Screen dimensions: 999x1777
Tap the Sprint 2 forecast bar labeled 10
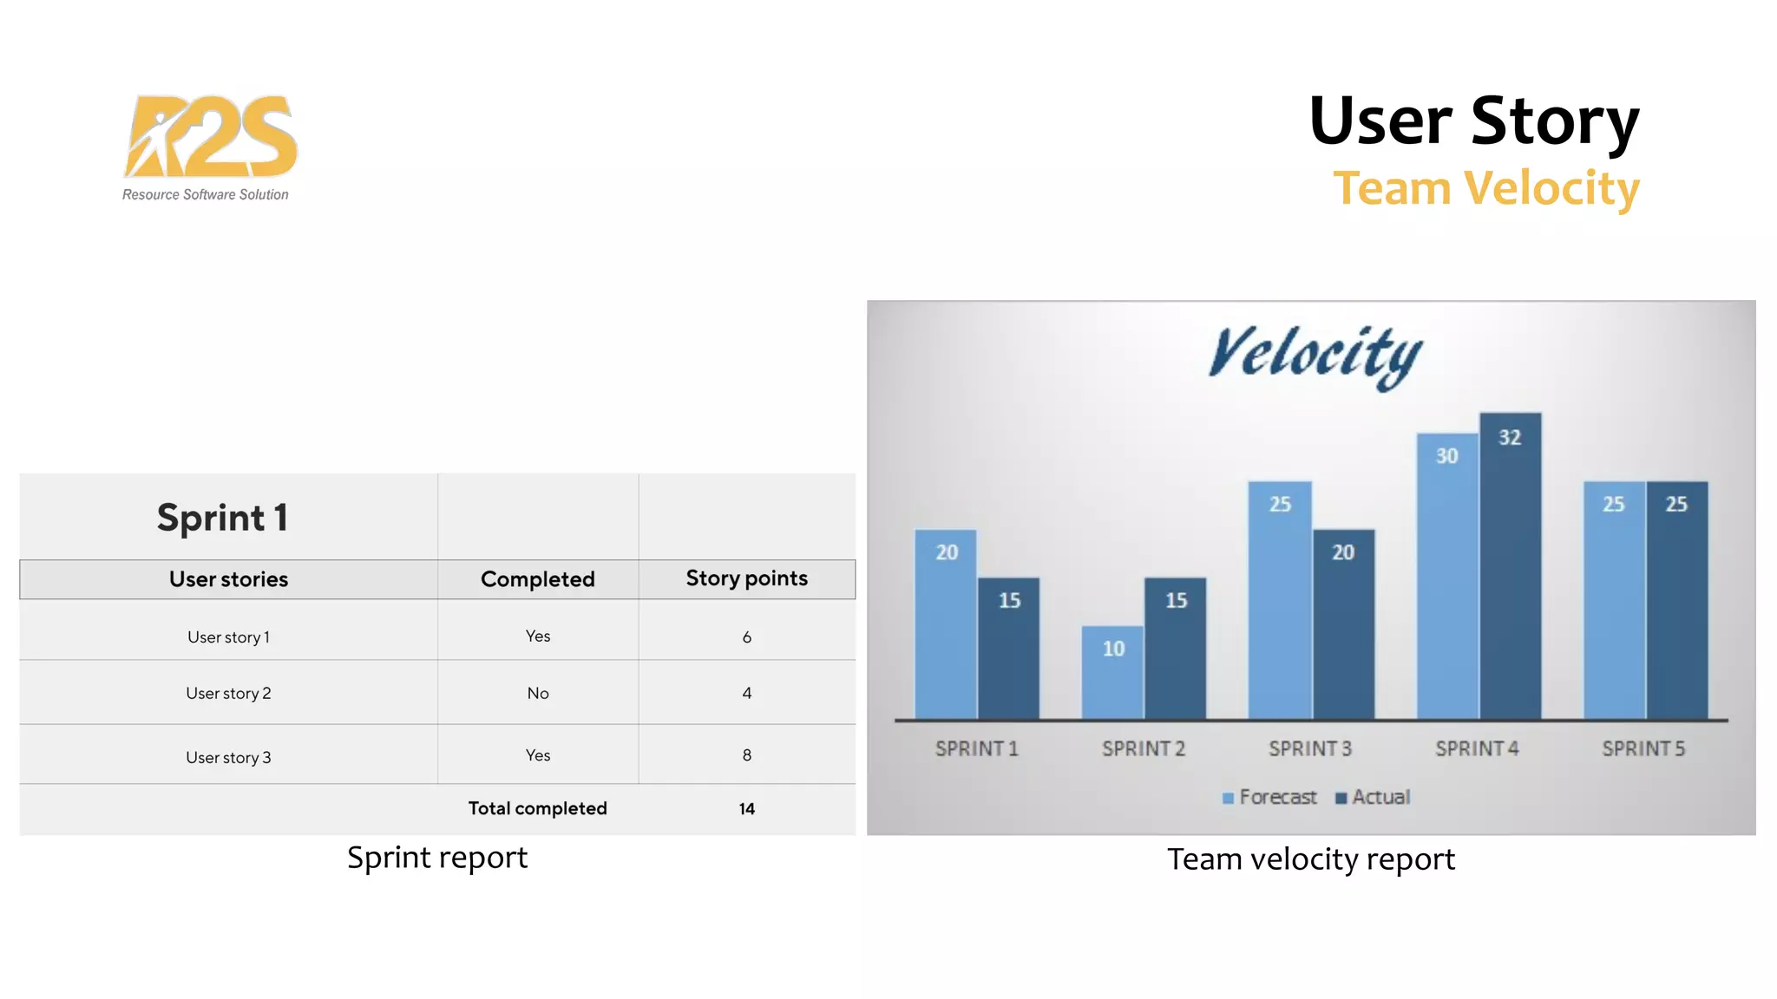tap(1112, 672)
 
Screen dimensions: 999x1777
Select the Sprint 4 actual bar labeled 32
tap(1510, 565)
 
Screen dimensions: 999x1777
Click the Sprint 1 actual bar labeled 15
tap(1008, 648)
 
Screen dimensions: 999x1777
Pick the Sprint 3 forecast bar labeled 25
tap(1280, 600)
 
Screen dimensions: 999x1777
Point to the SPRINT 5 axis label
tap(1643, 748)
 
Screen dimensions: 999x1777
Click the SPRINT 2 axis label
tap(1143, 748)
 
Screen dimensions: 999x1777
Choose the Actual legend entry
tap(1373, 797)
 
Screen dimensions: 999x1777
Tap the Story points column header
tap(746, 578)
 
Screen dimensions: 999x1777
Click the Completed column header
tap(537, 579)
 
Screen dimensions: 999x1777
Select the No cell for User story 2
tap(537, 693)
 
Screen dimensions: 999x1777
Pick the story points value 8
tap(746, 755)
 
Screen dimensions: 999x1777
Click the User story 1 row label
tap(228, 637)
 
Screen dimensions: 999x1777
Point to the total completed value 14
tap(746, 809)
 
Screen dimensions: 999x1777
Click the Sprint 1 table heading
tap(222, 518)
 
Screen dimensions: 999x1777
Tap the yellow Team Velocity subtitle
tap(1485, 188)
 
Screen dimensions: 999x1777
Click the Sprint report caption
tap(436, 858)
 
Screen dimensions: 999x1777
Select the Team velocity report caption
tap(1310, 859)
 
